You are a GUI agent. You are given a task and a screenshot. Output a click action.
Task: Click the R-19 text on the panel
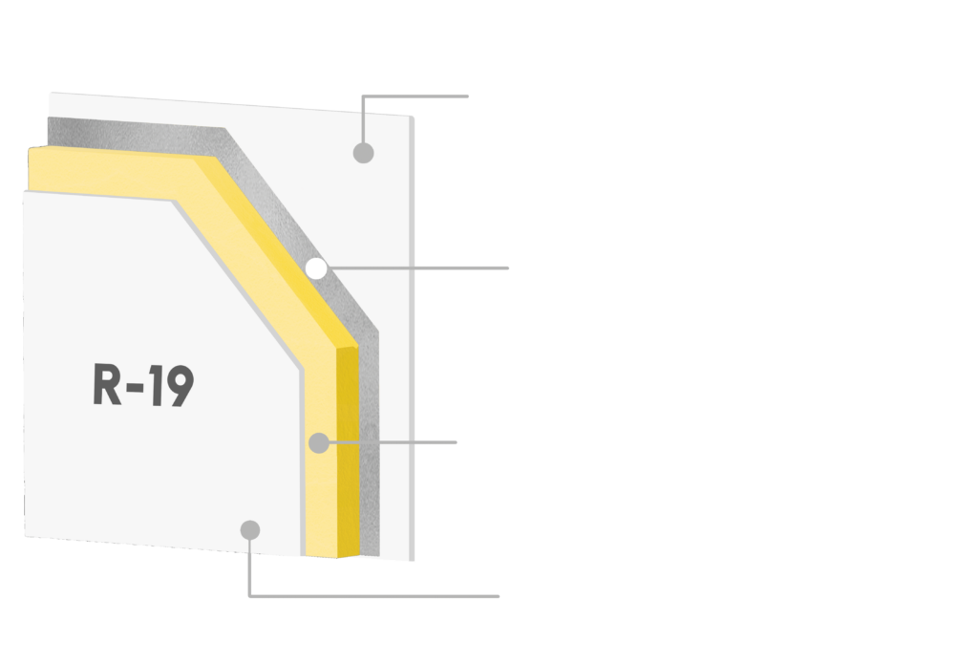[x=143, y=384]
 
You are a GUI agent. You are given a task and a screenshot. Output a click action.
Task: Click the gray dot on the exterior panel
[x=362, y=151]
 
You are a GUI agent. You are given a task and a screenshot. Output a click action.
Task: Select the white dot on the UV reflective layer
[x=315, y=269]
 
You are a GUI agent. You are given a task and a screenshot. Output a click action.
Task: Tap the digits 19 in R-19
[x=173, y=384]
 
